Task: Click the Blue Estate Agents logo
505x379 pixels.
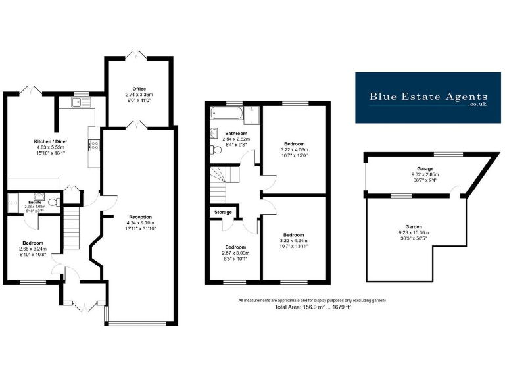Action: point(428,97)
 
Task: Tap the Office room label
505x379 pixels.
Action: point(139,89)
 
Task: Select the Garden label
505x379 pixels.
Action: point(414,226)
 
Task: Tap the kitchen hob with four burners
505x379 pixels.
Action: point(93,146)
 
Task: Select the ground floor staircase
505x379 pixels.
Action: point(72,227)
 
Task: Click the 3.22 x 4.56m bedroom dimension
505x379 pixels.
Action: point(295,149)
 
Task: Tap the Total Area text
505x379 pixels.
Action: point(312,307)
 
